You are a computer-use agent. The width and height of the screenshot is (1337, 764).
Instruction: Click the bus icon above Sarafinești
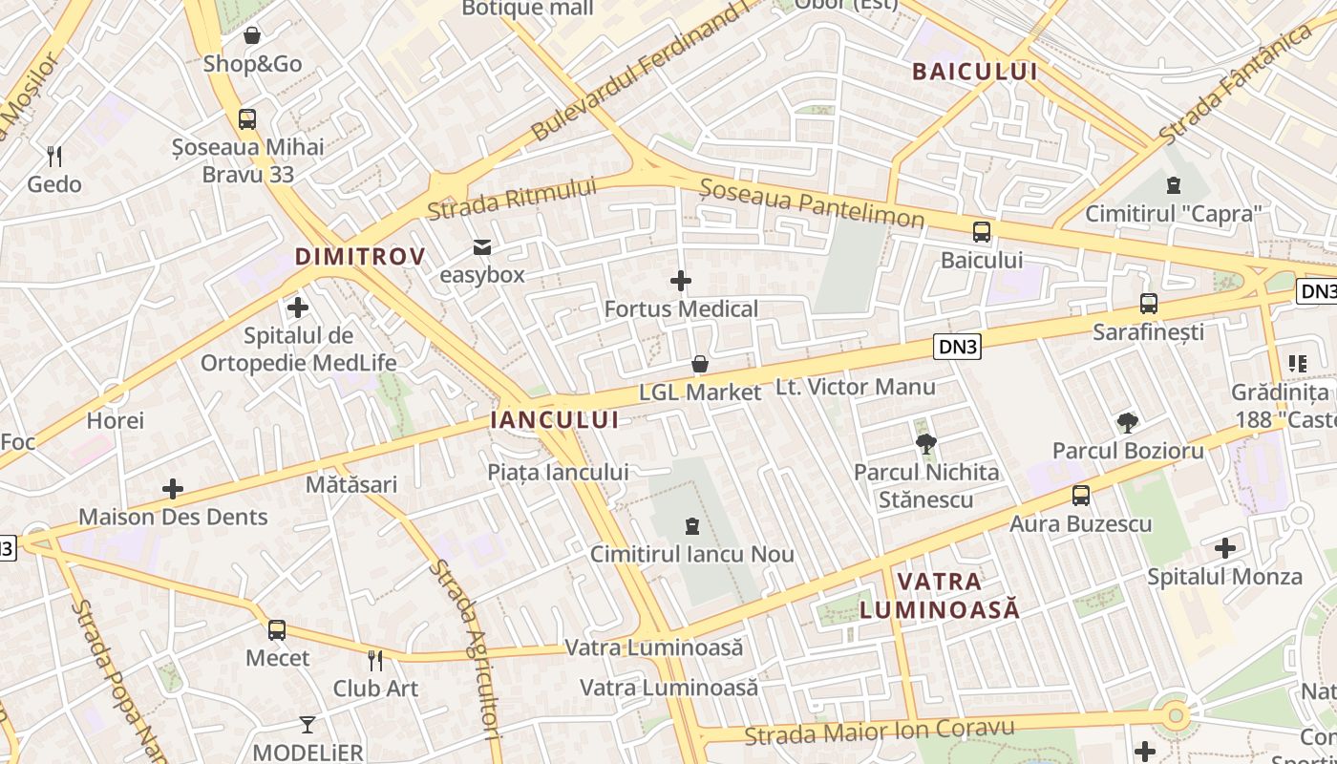[x=1149, y=304]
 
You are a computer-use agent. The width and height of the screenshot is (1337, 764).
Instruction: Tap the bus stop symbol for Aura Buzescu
[x=1081, y=496]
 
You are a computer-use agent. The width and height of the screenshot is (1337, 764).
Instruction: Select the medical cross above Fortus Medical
[x=681, y=281]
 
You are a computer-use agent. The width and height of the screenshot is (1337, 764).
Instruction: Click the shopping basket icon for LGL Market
[x=700, y=364]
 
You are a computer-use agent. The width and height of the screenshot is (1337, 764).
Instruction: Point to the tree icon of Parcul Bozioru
[x=1128, y=422]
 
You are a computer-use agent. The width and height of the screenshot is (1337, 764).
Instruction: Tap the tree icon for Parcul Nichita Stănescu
[x=925, y=443]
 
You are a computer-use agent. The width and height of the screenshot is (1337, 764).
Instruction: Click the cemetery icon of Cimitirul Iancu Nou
[x=692, y=525]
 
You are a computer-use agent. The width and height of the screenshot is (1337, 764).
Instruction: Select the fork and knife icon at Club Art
[x=375, y=660]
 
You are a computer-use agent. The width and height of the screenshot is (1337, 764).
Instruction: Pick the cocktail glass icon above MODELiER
[x=308, y=724]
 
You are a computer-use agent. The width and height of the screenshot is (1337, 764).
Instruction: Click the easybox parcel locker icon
[x=482, y=247]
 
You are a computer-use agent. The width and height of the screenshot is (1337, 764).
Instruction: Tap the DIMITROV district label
[x=359, y=256]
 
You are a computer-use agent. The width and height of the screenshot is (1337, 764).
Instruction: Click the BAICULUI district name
[x=974, y=71]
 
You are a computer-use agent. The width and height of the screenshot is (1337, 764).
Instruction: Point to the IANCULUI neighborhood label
[x=554, y=419]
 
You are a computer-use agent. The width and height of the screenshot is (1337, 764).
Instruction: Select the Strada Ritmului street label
[x=512, y=199]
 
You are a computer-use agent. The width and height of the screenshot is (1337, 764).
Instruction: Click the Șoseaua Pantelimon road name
[x=812, y=203]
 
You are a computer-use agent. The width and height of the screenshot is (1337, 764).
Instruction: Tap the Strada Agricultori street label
[x=465, y=649]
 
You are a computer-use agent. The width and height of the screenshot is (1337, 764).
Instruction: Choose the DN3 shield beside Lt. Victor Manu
[x=957, y=349]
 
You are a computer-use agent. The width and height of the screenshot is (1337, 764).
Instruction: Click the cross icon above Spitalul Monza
[x=1225, y=548]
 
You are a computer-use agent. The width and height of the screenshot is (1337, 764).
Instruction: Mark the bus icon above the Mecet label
[x=277, y=630]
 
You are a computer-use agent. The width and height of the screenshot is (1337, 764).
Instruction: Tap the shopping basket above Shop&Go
[x=252, y=36]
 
